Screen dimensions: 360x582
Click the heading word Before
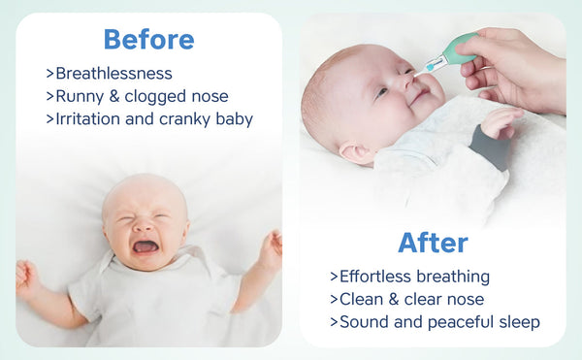click(x=148, y=39)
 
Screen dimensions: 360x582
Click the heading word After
click(x=433, y=242)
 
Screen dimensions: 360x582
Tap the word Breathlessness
click(x=113, y=74)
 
